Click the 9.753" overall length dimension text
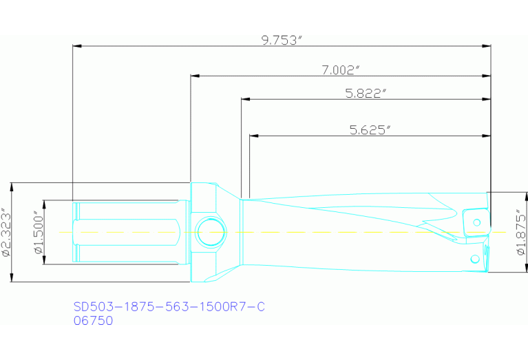coord(282,40)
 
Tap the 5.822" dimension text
coord(365,94)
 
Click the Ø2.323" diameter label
coord(6,233)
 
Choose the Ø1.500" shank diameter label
coord(39,233)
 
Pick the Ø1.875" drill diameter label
coord(520,233)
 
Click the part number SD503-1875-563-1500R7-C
coord(169,307)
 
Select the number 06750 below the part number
coord(93,320)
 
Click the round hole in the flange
coord(210,232)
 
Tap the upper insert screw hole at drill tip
coord(476,222)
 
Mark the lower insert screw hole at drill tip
coord(474,259)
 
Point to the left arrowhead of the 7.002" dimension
coord(195,76)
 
